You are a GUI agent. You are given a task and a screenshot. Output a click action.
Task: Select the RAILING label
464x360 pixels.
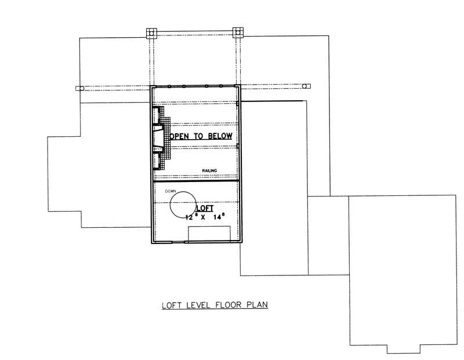coord(209,170)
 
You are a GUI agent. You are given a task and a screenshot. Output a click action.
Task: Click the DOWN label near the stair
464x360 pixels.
coord(170,191)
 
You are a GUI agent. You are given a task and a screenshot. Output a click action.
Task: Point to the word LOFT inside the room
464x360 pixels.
coord(204,208)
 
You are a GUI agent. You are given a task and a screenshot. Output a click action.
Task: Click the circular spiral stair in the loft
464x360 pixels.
coord(183,205)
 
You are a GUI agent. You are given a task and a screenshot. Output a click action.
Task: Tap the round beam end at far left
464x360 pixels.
coord(79,88)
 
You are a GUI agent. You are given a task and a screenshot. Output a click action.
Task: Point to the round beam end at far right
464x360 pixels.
coord(307,86)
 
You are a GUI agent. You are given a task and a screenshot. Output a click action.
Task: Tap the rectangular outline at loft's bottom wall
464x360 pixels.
coord(209,234)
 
